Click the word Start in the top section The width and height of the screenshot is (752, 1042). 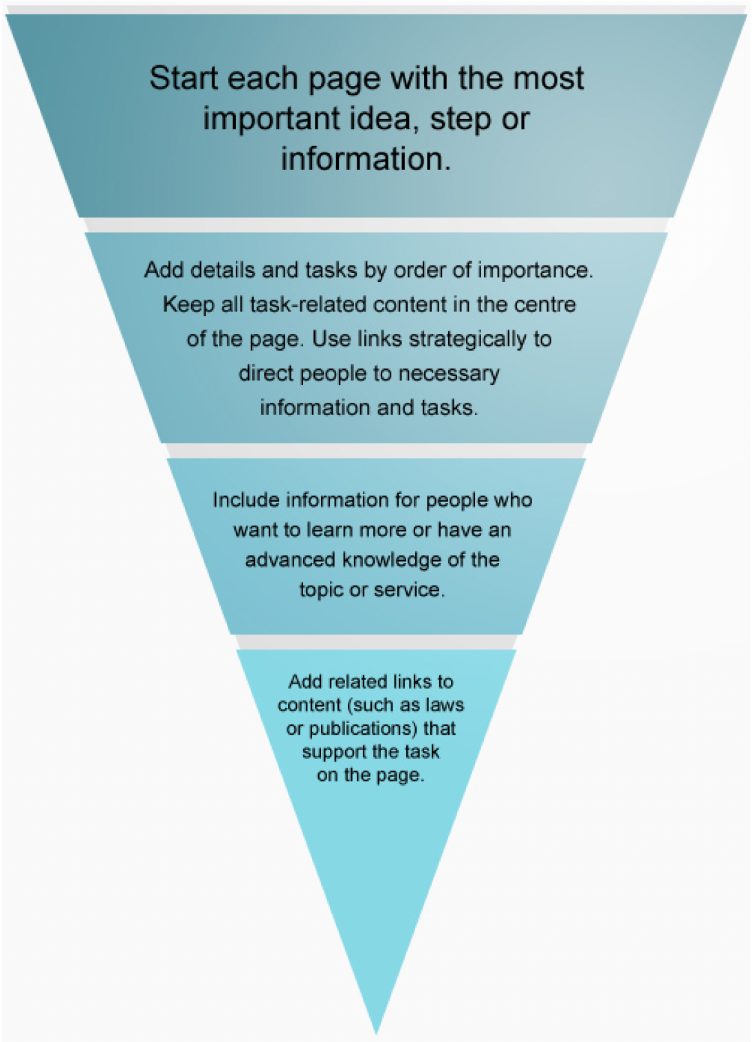click(183, 78)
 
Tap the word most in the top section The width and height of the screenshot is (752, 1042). click(553, 78)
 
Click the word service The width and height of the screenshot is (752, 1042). click(412, 590)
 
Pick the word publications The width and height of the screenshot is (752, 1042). click(362, 729)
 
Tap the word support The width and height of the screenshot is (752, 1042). click(333, 752)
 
